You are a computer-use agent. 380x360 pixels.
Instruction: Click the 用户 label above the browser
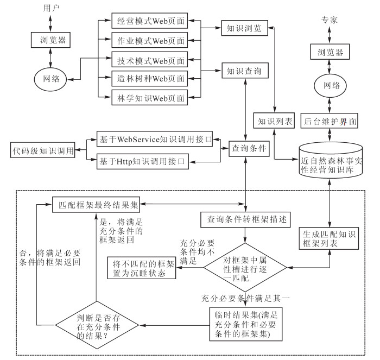[50, 9]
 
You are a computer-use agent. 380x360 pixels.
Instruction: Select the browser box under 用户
[50, 39]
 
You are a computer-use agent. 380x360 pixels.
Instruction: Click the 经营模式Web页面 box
[149, 23]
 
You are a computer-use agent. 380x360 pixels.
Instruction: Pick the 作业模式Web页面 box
[149, 41]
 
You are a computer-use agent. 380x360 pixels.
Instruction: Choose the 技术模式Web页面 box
[149, 60]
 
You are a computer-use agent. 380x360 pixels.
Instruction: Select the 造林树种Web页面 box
[149, 79]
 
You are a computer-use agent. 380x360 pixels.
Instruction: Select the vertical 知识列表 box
[274, 122]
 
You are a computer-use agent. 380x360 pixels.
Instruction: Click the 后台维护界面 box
[330, 122]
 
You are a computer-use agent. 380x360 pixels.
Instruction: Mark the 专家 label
[330, 20]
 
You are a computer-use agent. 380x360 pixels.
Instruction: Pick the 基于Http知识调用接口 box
[142, 161]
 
